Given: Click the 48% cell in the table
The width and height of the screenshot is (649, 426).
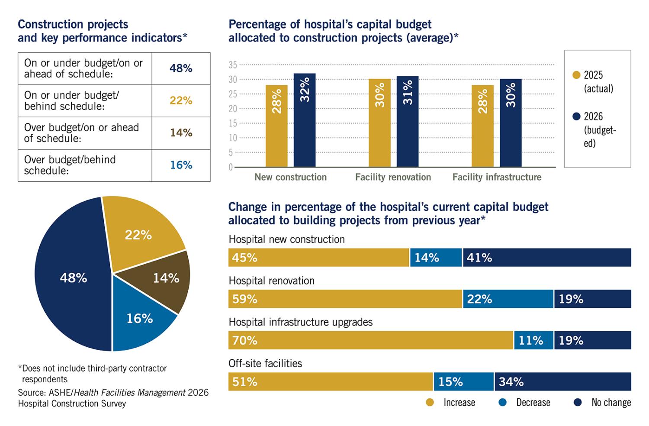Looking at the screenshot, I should [181, 68].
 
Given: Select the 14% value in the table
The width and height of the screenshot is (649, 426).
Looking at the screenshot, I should [181, 132].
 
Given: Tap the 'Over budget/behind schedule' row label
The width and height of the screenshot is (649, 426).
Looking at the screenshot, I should [70, 165].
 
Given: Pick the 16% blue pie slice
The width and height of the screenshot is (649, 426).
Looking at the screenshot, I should [139, 319].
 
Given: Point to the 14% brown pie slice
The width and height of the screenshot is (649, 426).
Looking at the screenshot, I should [166, 278].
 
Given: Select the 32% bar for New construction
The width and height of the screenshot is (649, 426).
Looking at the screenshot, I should [305, 120].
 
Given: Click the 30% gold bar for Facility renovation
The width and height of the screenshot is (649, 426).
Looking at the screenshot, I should [379, 123].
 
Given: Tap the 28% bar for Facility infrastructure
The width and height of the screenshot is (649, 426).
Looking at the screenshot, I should [482, 126].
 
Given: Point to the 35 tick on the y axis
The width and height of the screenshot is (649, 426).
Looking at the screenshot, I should [233, 65].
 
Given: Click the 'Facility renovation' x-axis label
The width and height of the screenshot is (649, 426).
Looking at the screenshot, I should [393, 177].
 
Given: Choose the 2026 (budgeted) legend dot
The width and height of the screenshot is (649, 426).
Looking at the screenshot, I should [576, 117].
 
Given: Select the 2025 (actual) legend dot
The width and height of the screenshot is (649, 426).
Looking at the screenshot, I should [576, 75].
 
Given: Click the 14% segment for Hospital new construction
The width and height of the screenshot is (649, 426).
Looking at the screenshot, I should [436, 258].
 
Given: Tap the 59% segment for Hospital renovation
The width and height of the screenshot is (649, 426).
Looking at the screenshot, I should [345, 299].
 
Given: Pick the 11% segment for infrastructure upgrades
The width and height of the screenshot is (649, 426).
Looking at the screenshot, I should [533, 340].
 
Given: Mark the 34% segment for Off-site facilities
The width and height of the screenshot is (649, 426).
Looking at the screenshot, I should [562, 382].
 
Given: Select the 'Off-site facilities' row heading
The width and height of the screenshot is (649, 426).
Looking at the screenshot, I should [265, 363].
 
